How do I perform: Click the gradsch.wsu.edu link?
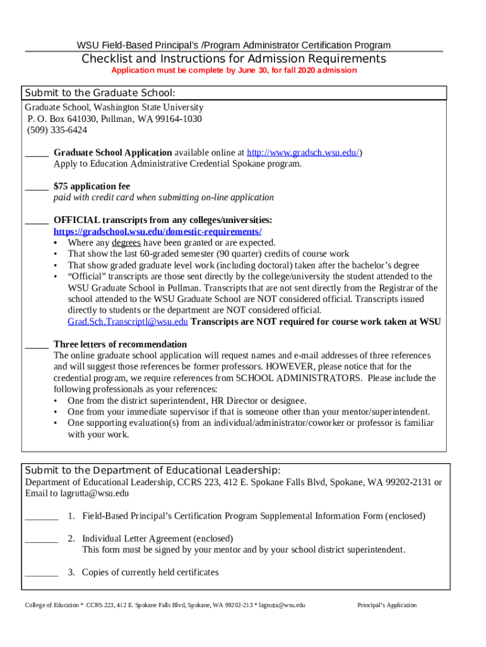303,153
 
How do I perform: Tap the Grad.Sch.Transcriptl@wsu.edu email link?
127,322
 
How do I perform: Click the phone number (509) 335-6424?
57,130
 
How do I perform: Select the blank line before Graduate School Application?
37,154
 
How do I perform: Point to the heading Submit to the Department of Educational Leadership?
152,471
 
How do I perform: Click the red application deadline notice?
234,70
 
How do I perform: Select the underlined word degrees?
127,243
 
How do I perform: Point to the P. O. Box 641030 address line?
114,119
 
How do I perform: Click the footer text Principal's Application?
387,605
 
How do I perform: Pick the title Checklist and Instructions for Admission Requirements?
234,59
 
